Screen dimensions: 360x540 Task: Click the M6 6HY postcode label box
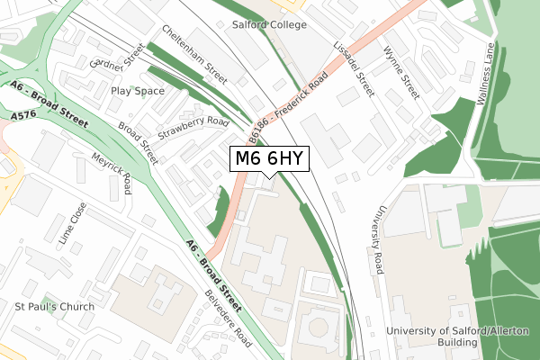[x=270, y=159]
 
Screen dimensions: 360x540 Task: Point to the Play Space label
[x=138, y=91]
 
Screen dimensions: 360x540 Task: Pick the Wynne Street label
[x=400, y=73]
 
